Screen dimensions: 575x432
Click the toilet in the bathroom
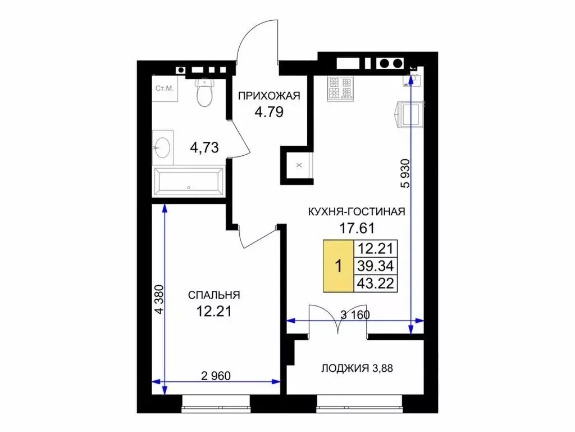204,92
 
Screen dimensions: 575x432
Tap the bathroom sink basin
162,148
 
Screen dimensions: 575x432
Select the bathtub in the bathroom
189,182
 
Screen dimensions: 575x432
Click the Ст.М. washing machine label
165,88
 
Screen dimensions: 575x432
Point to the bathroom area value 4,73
204,148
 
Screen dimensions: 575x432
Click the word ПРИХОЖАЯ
269,96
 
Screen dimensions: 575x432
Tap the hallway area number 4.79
269,112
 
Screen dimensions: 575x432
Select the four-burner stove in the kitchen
340,88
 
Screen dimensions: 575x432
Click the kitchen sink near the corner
413,80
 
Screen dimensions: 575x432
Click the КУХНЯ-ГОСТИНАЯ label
357,211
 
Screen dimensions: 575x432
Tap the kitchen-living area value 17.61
357,228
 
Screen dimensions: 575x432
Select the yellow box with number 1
339,266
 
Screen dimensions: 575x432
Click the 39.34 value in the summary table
376,266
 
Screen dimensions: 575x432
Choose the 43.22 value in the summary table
376,283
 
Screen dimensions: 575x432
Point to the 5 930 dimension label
405,173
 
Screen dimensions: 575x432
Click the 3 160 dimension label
355,315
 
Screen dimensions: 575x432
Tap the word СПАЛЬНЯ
214,295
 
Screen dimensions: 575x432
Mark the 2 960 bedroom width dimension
216,376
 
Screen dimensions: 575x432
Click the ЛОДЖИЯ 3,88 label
357,368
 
